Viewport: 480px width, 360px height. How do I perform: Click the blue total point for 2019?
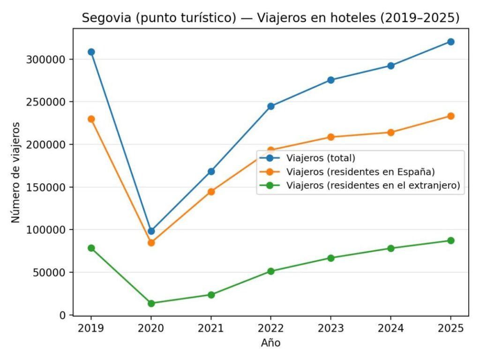click(x=91, y=52)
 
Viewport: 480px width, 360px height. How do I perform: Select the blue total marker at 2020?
click(x=151, y=231)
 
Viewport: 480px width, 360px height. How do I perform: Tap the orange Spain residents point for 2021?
click(x=211, y=192)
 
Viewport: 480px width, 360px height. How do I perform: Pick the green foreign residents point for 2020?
click(x=151, y=303)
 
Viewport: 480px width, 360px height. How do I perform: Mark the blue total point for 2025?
click(x=451, y=42)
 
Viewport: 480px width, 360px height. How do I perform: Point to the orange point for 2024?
click(x=391, y=132)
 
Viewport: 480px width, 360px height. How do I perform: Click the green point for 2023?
click(x=331, y=258)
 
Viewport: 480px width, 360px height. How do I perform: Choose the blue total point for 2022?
click(x=271, y=106)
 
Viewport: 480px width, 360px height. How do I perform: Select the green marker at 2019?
click(x=91, y=248)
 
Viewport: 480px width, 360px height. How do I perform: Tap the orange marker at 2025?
click(x=451, y=116)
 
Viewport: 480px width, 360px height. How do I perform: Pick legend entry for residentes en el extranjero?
click(x=373, y=185)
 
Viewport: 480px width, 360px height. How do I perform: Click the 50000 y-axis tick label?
click(x=50, y=272)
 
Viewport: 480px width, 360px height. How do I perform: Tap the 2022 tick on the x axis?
click(x=271, y=328)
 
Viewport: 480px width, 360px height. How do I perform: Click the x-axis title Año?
click(x=271, y=343)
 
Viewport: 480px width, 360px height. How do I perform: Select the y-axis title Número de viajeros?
click(x=16, y=172)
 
